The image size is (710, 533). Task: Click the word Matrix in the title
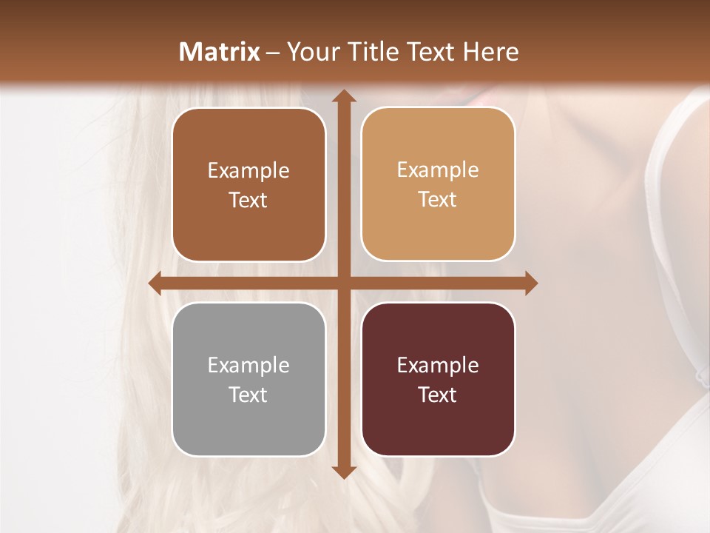click(220, 52)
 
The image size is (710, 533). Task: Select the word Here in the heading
click(490, 52)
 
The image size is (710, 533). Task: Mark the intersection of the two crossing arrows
click(343, 283)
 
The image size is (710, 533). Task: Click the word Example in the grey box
click(248, 365)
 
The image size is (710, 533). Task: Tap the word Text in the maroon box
click(438, 395)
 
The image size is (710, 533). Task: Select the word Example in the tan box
click(438, 170)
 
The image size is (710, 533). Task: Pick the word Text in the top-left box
click(248, 200)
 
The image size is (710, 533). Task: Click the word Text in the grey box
click(248, 395)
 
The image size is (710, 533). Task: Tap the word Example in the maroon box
click(438, 365)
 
